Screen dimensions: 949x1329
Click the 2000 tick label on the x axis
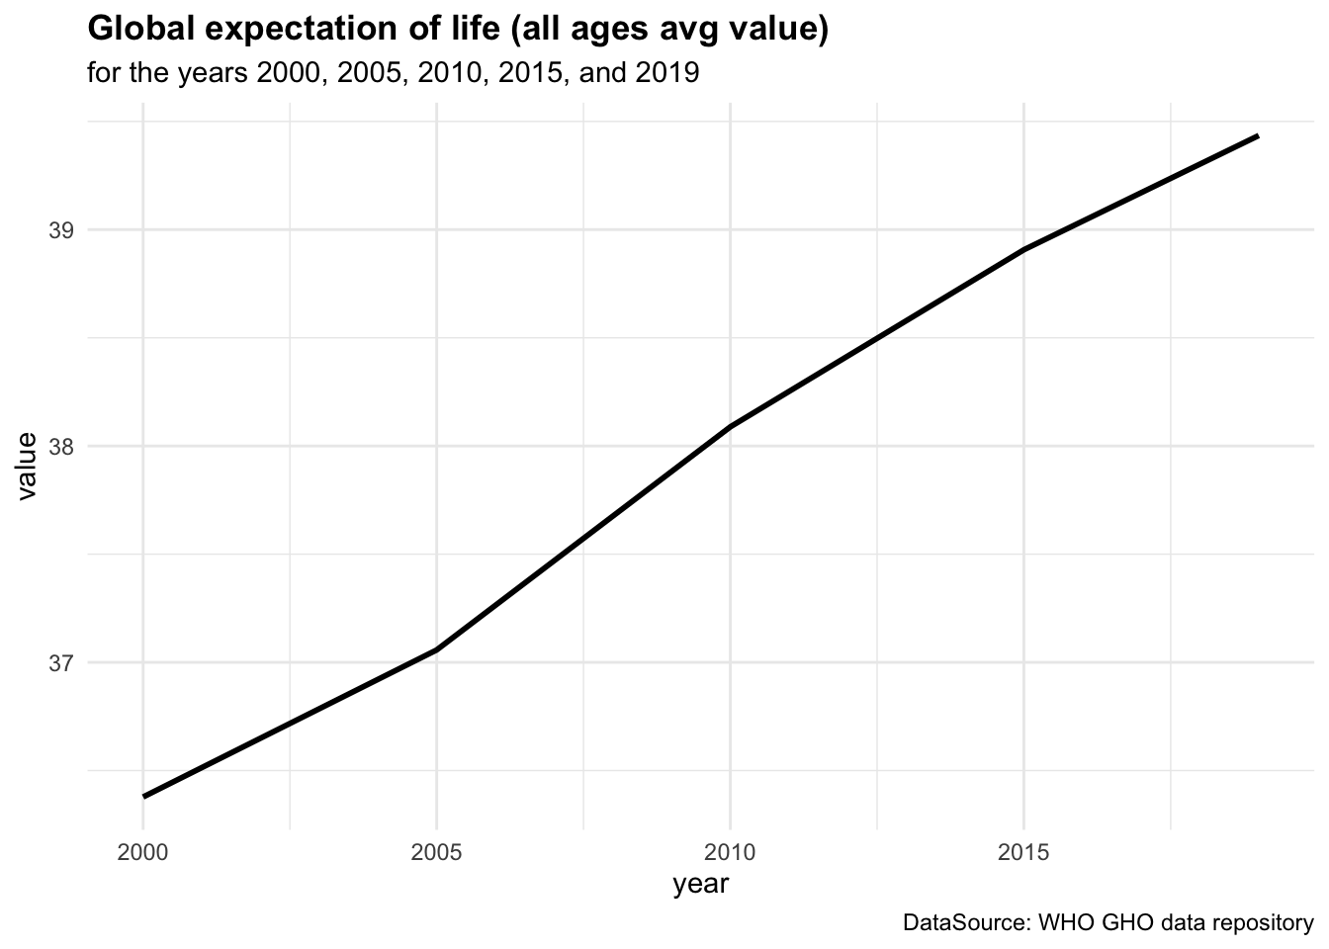coord(142,852)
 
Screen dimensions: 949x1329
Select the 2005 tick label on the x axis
coord(436,852)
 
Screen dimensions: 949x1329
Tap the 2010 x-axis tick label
coord(730,852)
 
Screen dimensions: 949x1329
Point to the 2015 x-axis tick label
coord(1023,852)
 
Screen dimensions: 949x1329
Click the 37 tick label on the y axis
coord(61,662)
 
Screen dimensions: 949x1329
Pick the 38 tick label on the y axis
coord(61,447)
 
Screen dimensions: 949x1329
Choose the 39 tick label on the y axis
coord(61,231)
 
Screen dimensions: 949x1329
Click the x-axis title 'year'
coord(700,884)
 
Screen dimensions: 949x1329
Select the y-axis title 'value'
coord(28,467)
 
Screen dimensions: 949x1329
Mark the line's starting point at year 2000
coord(144,796)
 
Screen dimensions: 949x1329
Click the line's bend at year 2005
coord(436,649)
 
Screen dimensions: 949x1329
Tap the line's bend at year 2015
coord(1023,250)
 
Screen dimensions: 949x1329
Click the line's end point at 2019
coord(1257,135)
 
